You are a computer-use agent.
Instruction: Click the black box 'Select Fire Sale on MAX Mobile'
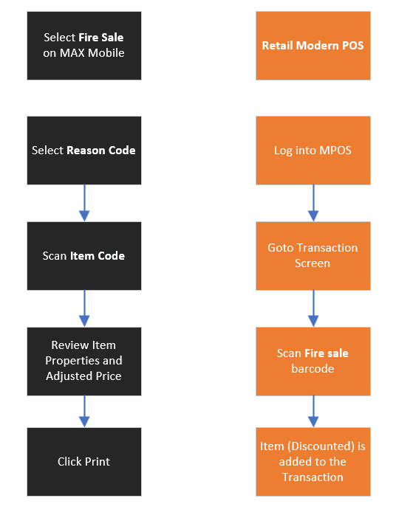(x=84, y=46)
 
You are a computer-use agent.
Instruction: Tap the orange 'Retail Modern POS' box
(x=313, y=46)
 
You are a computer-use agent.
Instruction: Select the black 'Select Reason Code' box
(x=84, y=151)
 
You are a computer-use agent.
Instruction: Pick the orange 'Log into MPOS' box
(x=313, y=151)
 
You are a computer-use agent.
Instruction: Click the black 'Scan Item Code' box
(x=84, y=256)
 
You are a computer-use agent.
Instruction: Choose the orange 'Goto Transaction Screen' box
(x=313, y=256)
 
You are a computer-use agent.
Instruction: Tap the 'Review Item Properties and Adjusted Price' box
(x=84, y=362)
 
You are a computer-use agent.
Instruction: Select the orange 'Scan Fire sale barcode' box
(x=313, y=362)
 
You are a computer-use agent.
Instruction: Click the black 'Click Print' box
(x=84, y=462)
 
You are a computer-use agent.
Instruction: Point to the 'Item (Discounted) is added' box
(x=313, y=462)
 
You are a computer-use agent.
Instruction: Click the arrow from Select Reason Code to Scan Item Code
(x=84, y=203)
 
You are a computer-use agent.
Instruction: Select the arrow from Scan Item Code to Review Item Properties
(x=84, y=308)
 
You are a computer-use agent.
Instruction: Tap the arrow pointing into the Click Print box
(x=84, y=412)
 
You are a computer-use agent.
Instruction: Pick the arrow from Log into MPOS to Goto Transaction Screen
(x=313, y=203)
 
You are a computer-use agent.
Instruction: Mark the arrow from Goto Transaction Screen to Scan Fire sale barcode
(x=313, y=308)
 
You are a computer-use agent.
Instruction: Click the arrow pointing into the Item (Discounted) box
(x=313, y=412)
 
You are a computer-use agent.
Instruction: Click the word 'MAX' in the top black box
(x=72, y=53)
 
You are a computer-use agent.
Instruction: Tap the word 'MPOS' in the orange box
(x=335, y=151)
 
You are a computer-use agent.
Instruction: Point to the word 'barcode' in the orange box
(x=313, y=369)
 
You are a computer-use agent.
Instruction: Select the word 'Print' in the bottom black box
(x=98, y=462)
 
